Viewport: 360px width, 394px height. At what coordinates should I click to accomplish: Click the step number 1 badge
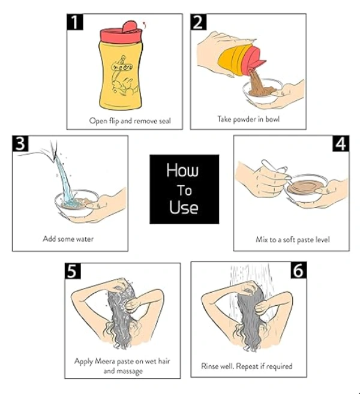click(x=74, y=22)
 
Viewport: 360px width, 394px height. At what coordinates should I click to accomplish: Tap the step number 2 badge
click(x=199, y=22)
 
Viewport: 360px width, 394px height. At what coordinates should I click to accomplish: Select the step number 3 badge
click(x=20, y=144)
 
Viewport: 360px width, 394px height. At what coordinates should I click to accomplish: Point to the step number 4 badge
click(x=341, y=144)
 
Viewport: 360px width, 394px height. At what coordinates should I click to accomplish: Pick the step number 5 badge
click(x=73, y=271)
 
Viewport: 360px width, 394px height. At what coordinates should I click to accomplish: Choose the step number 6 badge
click(x=299, y=270)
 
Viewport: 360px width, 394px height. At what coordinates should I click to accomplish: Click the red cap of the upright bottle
click(x=121, y=32)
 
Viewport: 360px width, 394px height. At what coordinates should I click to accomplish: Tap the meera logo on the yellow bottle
click(x=122, y=67)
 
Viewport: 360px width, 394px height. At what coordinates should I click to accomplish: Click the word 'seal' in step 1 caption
click(x=163, y=121)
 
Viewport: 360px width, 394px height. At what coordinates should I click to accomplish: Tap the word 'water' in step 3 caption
click(x=85, y=239)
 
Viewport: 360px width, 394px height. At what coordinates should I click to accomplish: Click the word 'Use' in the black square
click(x=184, y=207)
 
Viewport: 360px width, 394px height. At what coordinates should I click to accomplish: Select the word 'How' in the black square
click(x=182, y=170)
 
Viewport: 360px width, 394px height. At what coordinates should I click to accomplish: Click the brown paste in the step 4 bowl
click(x=305, y=187)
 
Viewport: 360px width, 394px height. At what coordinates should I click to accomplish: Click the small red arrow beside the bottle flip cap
click(x=145, y=24)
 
